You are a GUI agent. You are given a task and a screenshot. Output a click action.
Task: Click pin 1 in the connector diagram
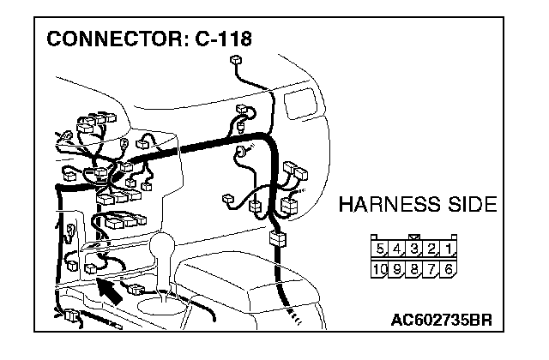coord(449,249)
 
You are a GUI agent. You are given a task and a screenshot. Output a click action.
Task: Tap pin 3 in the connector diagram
coord(414,249)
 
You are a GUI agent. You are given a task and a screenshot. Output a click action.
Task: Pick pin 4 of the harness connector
coord(397,249)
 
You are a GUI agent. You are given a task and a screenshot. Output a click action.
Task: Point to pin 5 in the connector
coord(381,249)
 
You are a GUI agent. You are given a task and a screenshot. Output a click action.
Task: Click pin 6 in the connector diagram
coord(449,268)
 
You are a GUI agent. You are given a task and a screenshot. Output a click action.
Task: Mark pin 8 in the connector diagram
coord(414,268)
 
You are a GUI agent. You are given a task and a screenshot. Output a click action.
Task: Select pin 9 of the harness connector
coord(397,268)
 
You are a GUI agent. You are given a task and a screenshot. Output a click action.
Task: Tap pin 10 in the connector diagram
coord(380,268)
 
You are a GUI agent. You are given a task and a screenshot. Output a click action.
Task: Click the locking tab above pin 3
coord(414,237)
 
